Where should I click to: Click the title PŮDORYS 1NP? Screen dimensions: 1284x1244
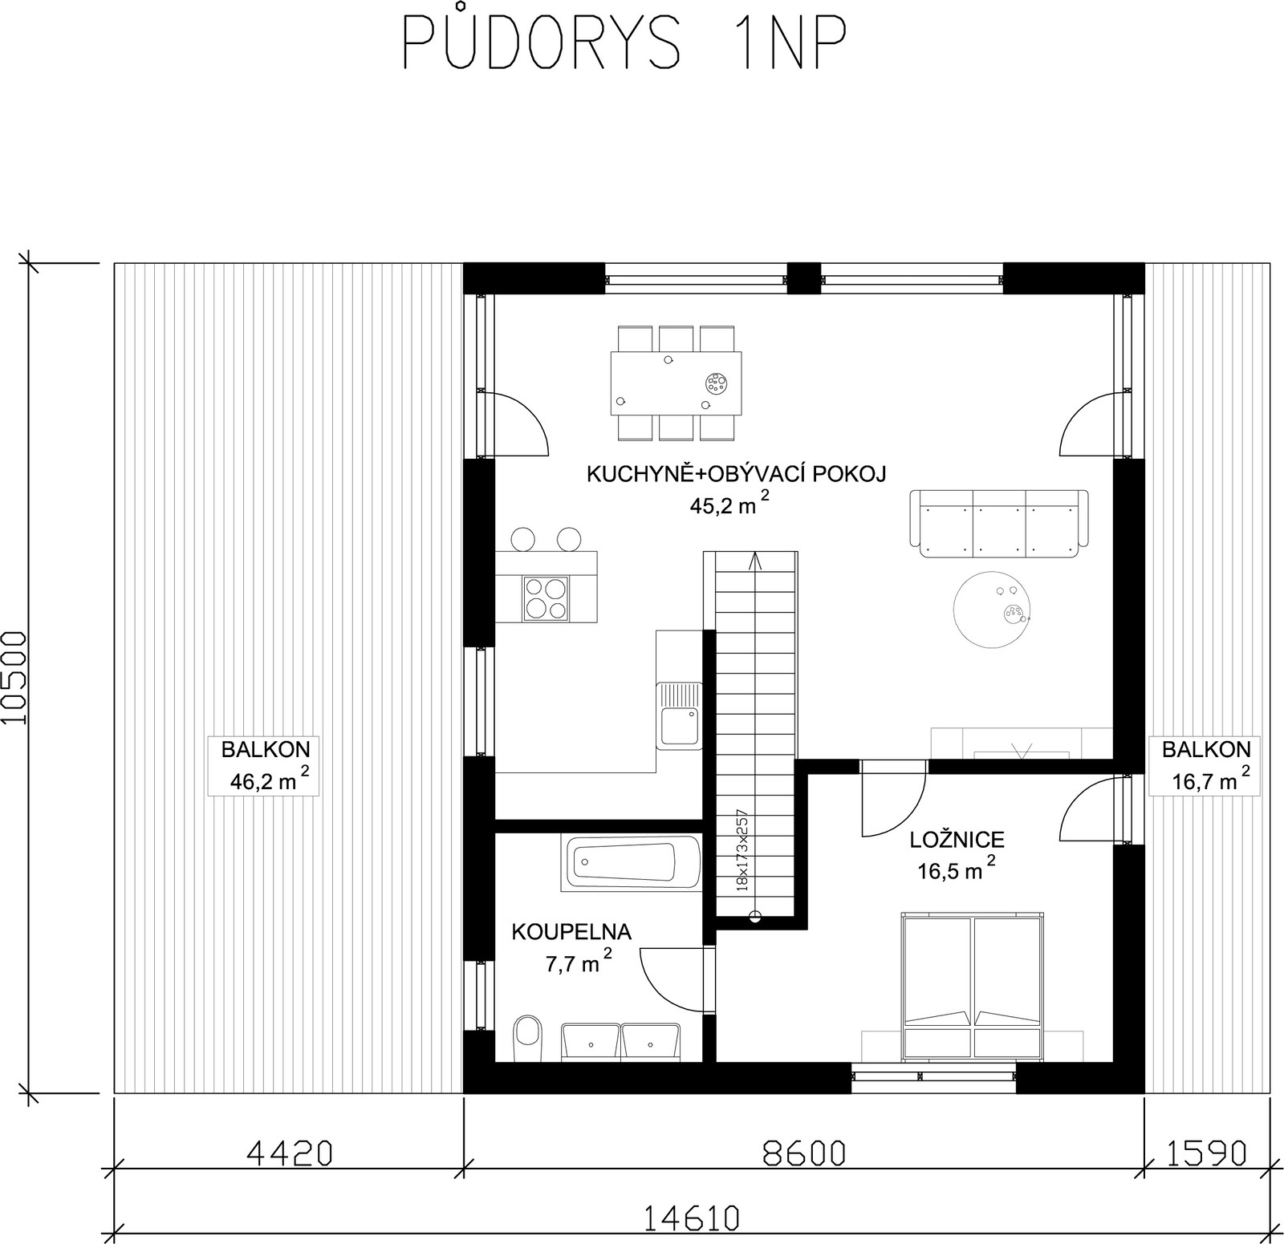624,42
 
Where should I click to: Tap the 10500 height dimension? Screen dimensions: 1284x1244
15,678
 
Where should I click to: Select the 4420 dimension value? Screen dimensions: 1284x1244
289,1153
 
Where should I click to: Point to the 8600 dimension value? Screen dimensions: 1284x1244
803,1153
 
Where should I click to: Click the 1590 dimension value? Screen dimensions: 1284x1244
1206,1153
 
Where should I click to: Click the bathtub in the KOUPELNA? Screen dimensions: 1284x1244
629,862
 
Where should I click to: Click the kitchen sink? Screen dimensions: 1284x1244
678,715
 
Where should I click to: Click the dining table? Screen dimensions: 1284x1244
676,383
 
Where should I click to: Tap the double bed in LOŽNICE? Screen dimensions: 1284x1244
972,986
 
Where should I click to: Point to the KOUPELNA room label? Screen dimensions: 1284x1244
572,931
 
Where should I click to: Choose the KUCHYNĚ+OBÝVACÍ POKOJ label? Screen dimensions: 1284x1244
736,474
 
